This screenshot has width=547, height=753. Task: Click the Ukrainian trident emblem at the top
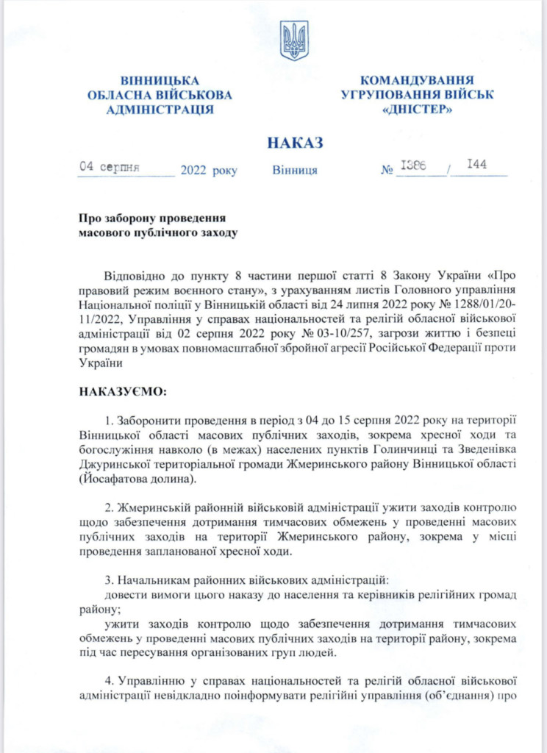(294, 40)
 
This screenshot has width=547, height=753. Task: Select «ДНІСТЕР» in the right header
(417, 110)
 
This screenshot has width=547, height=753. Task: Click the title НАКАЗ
(295, 143)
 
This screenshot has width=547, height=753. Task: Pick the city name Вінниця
(295, 171)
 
